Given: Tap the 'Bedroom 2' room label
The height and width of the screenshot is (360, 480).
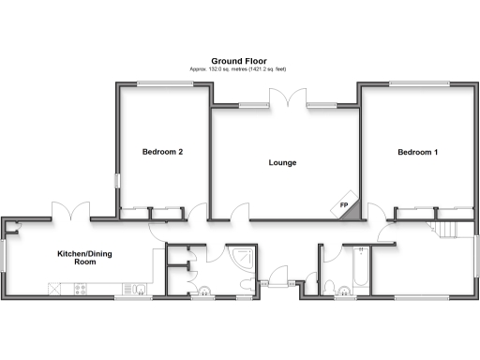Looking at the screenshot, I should tap(162, 152).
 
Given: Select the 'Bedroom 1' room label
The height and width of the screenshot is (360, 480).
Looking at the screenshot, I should tap(417, 152).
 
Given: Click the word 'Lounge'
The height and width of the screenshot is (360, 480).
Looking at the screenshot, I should tap(282, 163).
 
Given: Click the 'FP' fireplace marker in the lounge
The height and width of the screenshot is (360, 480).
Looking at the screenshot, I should tap(344, 206).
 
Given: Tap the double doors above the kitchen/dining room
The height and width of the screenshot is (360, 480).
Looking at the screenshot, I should tap(71, 213).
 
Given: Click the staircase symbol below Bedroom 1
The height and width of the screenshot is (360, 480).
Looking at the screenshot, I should tap(446, 228).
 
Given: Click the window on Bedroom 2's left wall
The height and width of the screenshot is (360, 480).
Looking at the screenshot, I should tap(117, 180).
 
